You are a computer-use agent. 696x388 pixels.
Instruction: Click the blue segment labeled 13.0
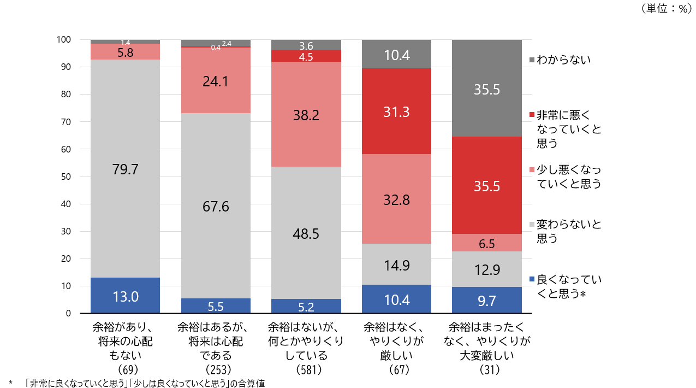(125, 296)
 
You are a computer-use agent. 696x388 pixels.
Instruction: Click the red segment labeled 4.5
(306, 56)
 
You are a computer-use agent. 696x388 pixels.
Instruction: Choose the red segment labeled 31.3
(397, 111)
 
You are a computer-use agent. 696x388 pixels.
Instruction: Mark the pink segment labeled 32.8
(397, 199)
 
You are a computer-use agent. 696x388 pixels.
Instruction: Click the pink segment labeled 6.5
(486, 243)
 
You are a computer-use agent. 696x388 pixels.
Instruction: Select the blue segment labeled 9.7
(486, 300)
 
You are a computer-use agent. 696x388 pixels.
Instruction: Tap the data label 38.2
(306, 115)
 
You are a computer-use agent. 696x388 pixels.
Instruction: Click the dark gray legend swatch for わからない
(532, 60)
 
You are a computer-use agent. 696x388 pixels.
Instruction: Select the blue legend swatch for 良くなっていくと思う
(532, 280)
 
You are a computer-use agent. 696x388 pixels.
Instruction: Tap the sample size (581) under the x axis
(306, 370)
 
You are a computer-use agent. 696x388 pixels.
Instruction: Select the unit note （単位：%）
(665, 9)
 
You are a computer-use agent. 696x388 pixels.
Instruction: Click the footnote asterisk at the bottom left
(10, 383)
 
